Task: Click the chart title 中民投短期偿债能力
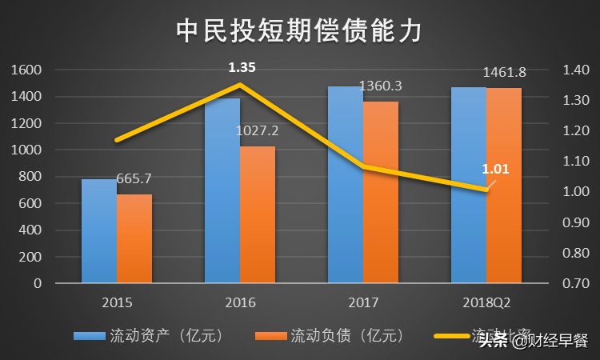tap(299, 30)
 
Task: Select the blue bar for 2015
tap(99, 231)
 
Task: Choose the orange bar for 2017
tap(380, 192)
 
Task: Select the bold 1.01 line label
tap(495, 169)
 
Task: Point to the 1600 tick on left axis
tap(27, 70)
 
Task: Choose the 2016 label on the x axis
tap(240, 302)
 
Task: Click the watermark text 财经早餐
tap(552, 342)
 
